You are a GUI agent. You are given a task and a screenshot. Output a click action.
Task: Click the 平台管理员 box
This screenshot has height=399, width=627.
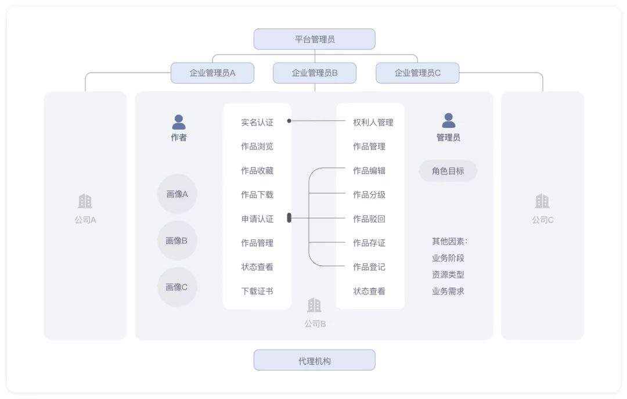coord(314,39)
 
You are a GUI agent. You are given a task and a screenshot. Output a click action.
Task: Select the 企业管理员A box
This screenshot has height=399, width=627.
coord(212,73)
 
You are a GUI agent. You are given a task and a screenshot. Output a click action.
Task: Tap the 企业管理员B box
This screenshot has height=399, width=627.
coord(314,73)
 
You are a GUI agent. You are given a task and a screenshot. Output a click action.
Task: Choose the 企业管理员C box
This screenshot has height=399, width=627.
coord(417,73)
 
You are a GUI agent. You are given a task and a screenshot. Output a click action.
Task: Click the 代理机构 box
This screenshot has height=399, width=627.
coord(314,360)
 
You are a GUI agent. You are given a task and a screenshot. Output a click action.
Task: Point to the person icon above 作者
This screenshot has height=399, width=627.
coord(179,122)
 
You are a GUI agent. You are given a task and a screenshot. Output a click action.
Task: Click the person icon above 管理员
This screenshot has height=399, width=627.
coord(448,120)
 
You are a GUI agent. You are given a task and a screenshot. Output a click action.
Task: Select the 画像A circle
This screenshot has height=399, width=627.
coord(177,194)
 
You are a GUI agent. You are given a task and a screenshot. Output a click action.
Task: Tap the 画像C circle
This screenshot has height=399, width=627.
coord(177,287)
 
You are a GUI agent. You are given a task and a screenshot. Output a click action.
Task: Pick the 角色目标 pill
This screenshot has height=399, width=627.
coord(448,171)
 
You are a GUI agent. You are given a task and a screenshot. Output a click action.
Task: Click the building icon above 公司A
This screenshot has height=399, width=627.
coord(85,202)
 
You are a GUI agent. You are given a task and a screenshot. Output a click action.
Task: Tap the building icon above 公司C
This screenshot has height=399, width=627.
coord(542,202)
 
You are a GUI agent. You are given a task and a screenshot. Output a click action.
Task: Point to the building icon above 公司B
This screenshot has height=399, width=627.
coord(314,305)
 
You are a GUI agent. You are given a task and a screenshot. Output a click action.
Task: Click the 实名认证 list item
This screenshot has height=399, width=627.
coord(257,123)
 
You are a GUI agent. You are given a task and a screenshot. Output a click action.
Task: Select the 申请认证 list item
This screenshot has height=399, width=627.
coord(257,219)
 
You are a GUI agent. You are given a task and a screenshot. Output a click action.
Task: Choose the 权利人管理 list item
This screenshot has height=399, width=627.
coord(373,123)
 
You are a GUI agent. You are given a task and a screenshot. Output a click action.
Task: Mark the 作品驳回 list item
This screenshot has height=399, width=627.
coord(369,219)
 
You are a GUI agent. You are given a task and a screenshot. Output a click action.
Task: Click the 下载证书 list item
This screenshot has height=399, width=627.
coord(257,292)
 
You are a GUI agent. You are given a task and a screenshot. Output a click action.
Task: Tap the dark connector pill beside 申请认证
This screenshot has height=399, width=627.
coord(289,218)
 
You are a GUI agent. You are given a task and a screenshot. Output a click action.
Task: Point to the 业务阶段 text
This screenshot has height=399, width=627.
coord(448,258)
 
